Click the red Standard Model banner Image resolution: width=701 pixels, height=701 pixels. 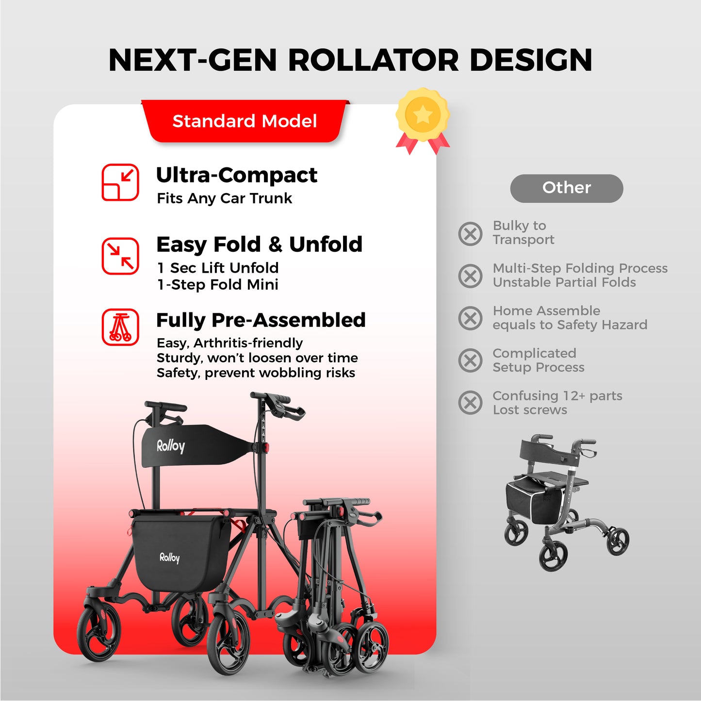(245, 121)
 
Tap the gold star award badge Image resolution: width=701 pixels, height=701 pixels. (423, 116)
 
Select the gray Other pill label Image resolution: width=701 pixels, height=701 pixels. (566, 188)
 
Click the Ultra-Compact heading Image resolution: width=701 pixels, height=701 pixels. (237, 175)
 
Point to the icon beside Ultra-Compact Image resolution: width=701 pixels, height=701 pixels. (120, 182)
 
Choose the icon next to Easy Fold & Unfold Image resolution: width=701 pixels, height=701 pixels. (120, 256)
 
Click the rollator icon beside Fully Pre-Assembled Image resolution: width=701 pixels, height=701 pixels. (120, 327)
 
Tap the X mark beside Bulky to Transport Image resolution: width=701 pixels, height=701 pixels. (470, 233)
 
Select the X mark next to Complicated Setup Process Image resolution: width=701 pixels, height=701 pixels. (470, 360)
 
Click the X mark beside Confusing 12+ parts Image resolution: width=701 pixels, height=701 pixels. (470, 403)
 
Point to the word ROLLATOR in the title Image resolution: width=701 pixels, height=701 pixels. (373, 60)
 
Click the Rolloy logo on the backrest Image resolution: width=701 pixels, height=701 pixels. (171, 446)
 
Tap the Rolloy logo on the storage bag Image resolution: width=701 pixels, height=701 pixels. (170, 557)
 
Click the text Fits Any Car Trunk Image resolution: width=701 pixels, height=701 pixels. (225, 198)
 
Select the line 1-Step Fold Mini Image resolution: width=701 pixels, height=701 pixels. (218, 285)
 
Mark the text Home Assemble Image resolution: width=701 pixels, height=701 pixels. (546, 311)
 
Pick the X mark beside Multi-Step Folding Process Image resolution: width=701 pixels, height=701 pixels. (470, 276)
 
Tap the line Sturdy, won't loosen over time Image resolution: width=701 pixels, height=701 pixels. (257, 358)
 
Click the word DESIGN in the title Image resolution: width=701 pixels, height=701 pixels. (531, 60)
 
